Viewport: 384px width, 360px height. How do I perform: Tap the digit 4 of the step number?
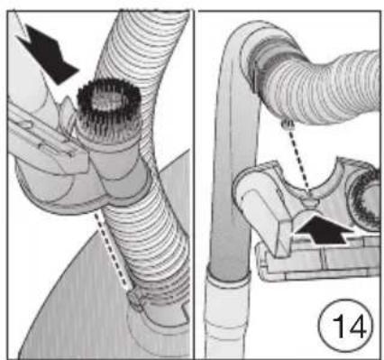357,327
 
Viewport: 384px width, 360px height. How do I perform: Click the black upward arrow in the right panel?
324,229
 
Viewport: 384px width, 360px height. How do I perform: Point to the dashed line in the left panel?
113,250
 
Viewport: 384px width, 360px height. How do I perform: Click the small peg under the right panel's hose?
286,123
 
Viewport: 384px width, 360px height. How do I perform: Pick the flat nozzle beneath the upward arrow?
318,260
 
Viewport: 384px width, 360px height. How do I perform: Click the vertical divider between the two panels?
194,184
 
